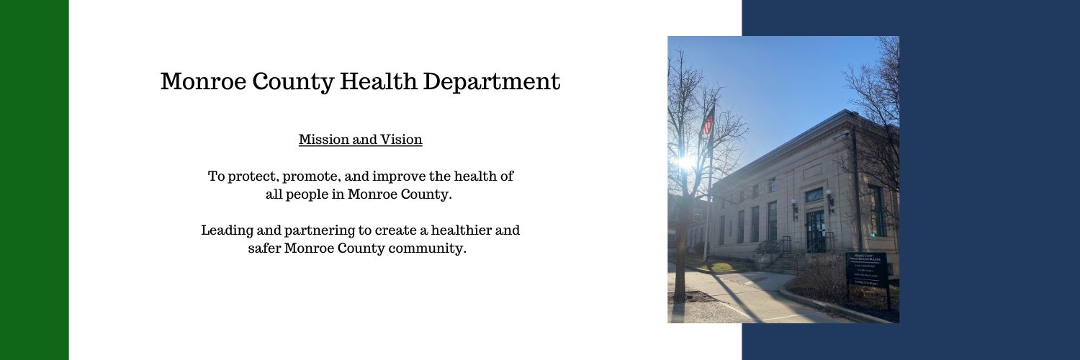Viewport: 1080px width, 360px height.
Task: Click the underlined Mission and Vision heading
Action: (x=360, y=140)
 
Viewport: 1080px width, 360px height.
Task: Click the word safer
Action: (x=263, y=249)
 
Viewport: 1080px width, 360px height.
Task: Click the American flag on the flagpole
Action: (x=707, y=122)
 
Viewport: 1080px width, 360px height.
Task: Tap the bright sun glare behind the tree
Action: (x=685, y=162)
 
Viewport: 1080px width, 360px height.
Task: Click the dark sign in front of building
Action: (x=866, y=269)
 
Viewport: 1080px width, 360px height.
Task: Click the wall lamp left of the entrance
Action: (x=794, y=205)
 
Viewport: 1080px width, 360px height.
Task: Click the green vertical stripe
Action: (x=34, y=180)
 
